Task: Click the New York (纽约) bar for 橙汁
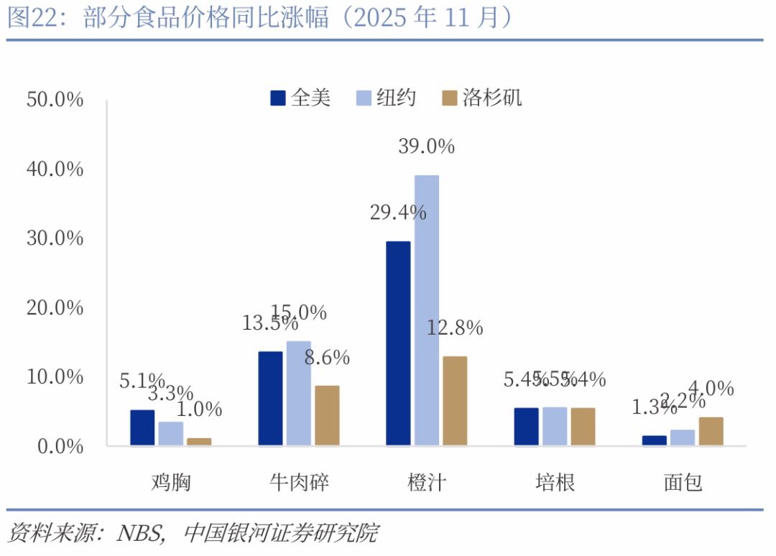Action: (x=427, y=310)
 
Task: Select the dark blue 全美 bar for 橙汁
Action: (x=398, y=343)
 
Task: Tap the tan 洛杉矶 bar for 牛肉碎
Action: (x=327, y=416)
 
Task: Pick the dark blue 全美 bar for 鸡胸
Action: (x=142, y=427)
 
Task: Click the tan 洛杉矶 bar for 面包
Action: (x=711, y=431)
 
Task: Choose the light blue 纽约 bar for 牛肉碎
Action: (x=298, y=393)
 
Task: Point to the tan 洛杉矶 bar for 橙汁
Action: (x=455, y=401)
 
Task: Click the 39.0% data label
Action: (x=427, y=147)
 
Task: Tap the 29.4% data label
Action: (x=398, y=213)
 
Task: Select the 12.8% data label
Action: (x=455, y=328)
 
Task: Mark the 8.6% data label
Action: (x=327, y=357)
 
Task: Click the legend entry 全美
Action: (x=301, y=98)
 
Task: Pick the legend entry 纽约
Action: (x=387, y=98)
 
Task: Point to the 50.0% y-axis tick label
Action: (x=55, y=100)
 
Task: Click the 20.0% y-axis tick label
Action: (x=55, y=307)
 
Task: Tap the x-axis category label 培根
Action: (x=555, y=483)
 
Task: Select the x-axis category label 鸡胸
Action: (x=171, y=483)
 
